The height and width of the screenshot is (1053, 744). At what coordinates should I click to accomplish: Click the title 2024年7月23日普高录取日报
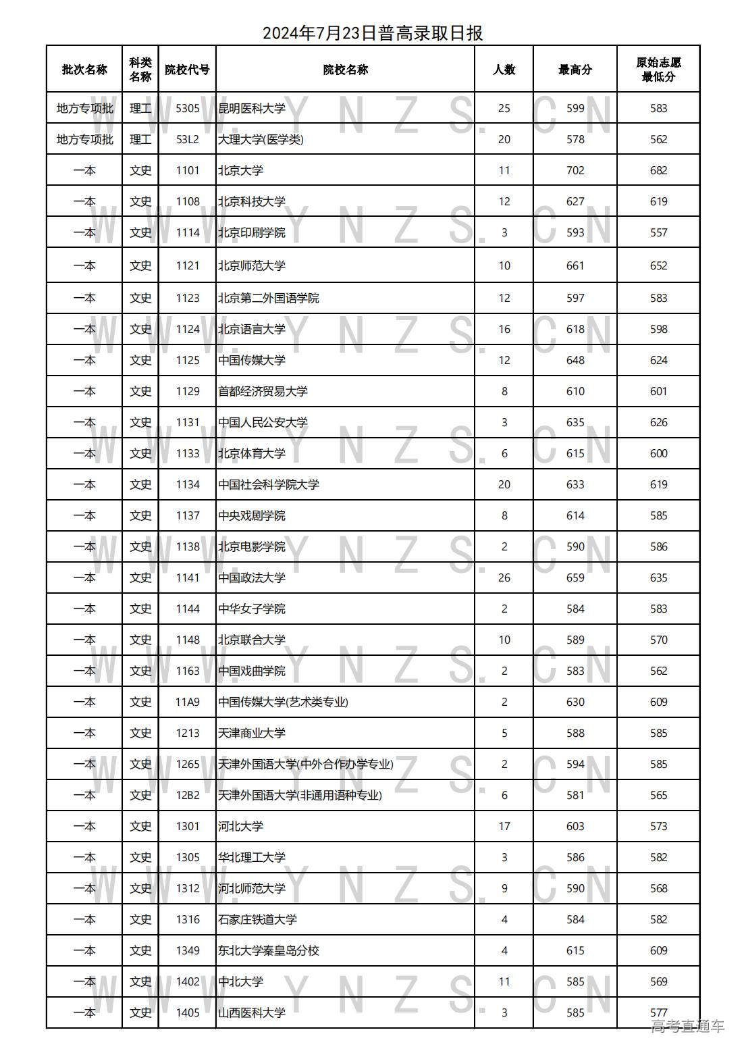tap(372, 32)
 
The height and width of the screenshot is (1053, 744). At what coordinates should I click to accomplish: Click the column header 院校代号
tap(187, 70)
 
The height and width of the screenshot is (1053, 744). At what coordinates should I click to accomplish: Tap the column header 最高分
tap(575, 70)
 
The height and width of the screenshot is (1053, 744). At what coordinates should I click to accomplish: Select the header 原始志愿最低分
tap(658, 70)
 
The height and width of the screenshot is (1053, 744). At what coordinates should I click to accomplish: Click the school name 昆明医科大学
tap(252, 108)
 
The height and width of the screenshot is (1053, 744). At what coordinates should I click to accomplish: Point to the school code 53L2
tap(188, 139)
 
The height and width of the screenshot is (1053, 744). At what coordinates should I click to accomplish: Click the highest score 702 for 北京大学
tap(575, 170)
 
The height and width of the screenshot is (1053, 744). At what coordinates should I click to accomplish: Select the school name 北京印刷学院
tap(252, 232)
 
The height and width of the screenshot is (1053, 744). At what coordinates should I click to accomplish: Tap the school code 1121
tap(188, 265)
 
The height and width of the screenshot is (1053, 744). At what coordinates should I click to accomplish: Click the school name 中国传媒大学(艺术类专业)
tap(283, 702)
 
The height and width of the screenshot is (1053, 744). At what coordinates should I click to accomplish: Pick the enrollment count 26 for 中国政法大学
tap(504, 577)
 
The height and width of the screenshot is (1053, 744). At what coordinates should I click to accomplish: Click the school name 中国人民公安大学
tap(263, 422)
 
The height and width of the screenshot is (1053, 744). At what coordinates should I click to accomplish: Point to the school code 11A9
tap(188, 702)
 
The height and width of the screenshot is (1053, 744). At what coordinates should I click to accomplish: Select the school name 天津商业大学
tap(252, 733)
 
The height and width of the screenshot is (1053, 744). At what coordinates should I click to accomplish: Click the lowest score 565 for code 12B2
tap(658, 795)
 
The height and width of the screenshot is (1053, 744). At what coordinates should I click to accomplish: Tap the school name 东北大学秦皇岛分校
tap(268, 950)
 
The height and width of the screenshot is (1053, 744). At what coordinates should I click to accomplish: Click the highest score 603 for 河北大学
tap(575, 826)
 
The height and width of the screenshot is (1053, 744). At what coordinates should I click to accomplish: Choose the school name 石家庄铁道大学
tap(257, 919)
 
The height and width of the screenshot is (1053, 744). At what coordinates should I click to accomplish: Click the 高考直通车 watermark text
tap(687, 1027)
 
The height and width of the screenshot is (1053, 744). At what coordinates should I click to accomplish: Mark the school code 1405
tap(188, 1012)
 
